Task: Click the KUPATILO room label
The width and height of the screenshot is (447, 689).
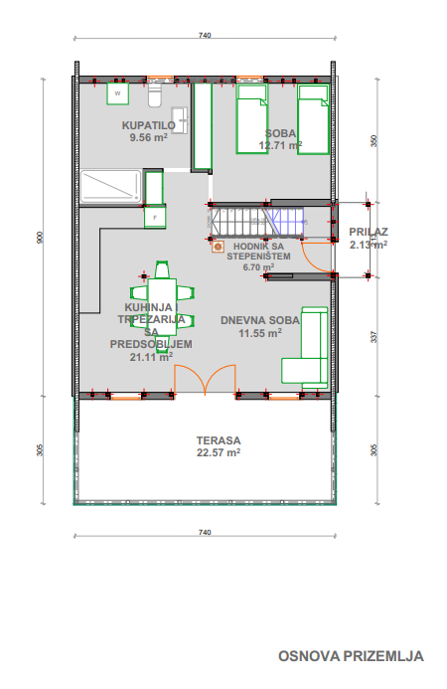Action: click(148, 125)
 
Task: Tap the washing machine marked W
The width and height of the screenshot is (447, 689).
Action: click(117, 93)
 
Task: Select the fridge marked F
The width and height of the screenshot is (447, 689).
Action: click(155, 218)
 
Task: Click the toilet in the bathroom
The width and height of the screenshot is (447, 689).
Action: click(155, 95)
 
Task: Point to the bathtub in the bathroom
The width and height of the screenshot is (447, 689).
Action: click(110, 186)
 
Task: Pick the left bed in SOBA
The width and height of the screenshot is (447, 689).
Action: click(252, 118)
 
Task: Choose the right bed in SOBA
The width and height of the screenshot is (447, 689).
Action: click(313, 119)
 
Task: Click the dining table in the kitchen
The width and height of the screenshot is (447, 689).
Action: click(162, 307)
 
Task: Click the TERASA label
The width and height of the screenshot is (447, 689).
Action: click(219, 440)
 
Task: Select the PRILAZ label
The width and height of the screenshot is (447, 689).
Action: click(369, 232)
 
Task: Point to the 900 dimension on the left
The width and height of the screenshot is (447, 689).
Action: click(41, 238)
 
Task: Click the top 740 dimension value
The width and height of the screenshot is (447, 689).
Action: click(205, 35)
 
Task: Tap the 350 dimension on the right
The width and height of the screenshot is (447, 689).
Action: click(374, 141)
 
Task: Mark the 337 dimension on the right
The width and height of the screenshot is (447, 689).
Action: click(374, 337)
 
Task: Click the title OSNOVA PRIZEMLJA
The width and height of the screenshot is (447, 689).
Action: click(351, 656)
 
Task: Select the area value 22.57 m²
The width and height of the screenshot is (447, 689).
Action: click(219, 452)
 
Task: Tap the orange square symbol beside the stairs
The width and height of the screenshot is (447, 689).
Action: click(218, 247)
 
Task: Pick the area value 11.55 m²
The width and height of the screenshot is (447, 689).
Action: click(260, 333)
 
